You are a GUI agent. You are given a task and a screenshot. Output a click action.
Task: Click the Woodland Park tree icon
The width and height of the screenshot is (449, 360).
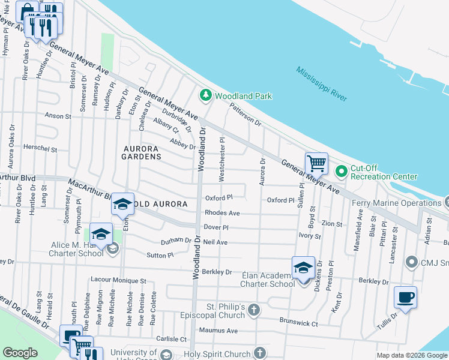(x=206, y=95)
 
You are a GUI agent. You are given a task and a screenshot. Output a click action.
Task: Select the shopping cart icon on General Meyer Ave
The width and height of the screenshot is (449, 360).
(x=316, y=163)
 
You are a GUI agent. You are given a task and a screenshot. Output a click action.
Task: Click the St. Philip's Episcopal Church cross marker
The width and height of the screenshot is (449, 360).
(x=254, y=310)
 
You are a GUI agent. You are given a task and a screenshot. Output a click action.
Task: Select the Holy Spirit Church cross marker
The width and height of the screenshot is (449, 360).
(x=260, y=353)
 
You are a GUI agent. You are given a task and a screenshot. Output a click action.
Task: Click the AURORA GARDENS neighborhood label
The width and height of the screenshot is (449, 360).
(x=142, y=152)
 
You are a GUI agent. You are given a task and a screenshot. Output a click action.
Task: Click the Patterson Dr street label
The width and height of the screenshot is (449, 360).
(x=246, y=114)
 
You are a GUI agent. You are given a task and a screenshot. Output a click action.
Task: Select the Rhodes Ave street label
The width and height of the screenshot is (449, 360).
(x=222, y=213)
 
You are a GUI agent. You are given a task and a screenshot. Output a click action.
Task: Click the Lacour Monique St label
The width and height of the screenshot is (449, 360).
(x=118, y=280)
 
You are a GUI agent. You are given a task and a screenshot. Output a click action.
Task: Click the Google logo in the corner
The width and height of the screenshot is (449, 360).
(x=20, y=353)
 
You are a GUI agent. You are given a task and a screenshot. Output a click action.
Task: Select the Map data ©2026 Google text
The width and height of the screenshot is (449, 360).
(x=412, y=355)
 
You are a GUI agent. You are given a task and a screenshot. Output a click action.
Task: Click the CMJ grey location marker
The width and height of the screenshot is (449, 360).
(x=411, y=262)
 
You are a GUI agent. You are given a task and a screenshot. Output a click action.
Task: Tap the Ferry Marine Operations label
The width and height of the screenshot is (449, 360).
(x=396, y=203)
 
